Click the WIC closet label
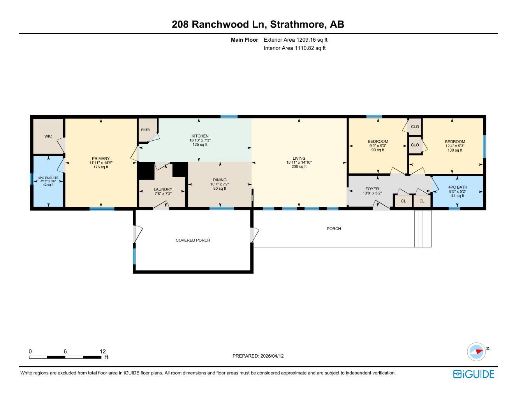click(48, 136)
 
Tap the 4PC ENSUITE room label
click(48, 178)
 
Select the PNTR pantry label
click(145, 130)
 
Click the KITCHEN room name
click(200, 136)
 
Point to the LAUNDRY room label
click(163, 189)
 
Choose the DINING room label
click(220, 180)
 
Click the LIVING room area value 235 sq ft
click(299, 167)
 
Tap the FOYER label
click(372, 189)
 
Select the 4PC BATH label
click(458, 187)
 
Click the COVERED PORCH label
click(193, 240)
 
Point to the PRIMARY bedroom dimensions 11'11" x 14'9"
click(101, 163)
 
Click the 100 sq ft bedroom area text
click(455, 150)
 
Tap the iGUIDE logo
click(474, 374)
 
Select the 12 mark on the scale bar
click(103, 351)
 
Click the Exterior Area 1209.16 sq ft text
click(296, 40)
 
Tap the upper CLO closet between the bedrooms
click(415, 127)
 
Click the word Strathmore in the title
click(298, 24)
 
